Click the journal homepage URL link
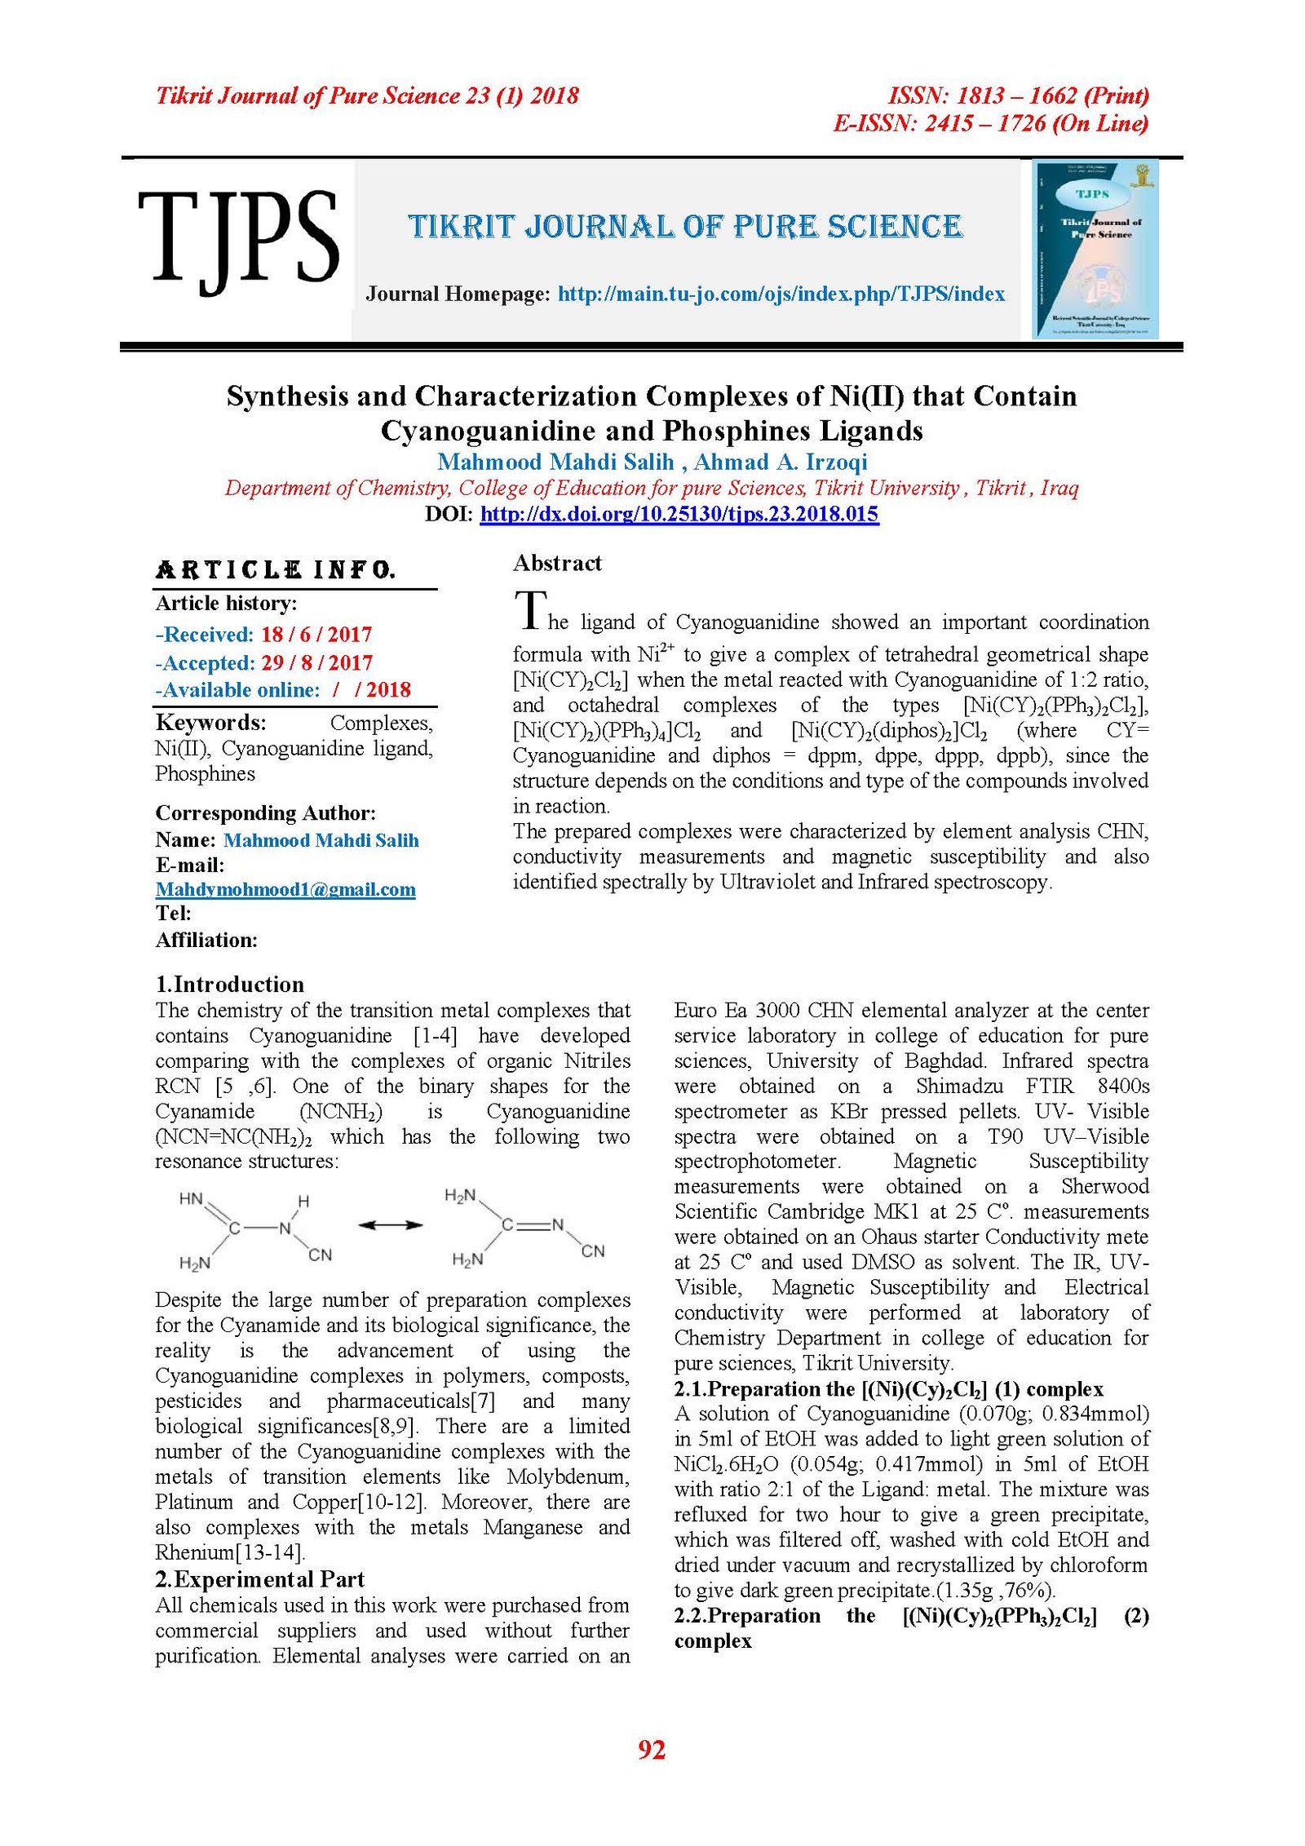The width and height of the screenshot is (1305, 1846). tap(781, 294)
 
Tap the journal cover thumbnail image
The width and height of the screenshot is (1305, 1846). tap(1095, 249)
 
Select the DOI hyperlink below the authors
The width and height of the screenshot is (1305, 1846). tap(679, 514)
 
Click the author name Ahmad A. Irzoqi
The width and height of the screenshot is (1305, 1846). tap(781, 462)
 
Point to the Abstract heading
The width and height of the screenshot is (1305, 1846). tap(557, 563)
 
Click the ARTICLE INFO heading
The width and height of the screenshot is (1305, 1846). tap(276, 569)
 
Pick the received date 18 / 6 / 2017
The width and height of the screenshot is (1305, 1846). tap(316, 635)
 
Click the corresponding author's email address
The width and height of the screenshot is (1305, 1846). tap(285, 889)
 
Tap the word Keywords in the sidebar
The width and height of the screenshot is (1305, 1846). tap(210, 723)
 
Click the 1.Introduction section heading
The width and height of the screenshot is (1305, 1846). tap(229, 984)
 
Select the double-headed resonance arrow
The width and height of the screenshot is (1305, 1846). tap(391, 1225)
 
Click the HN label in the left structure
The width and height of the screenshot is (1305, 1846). tap(191, 1199)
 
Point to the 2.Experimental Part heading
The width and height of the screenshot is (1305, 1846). tap(259, 1579)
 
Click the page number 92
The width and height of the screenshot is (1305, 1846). tap(652, 1749)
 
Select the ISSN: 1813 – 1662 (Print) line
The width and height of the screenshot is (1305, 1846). tap(1018, 96)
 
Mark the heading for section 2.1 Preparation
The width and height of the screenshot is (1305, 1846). tap(888, 1389)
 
